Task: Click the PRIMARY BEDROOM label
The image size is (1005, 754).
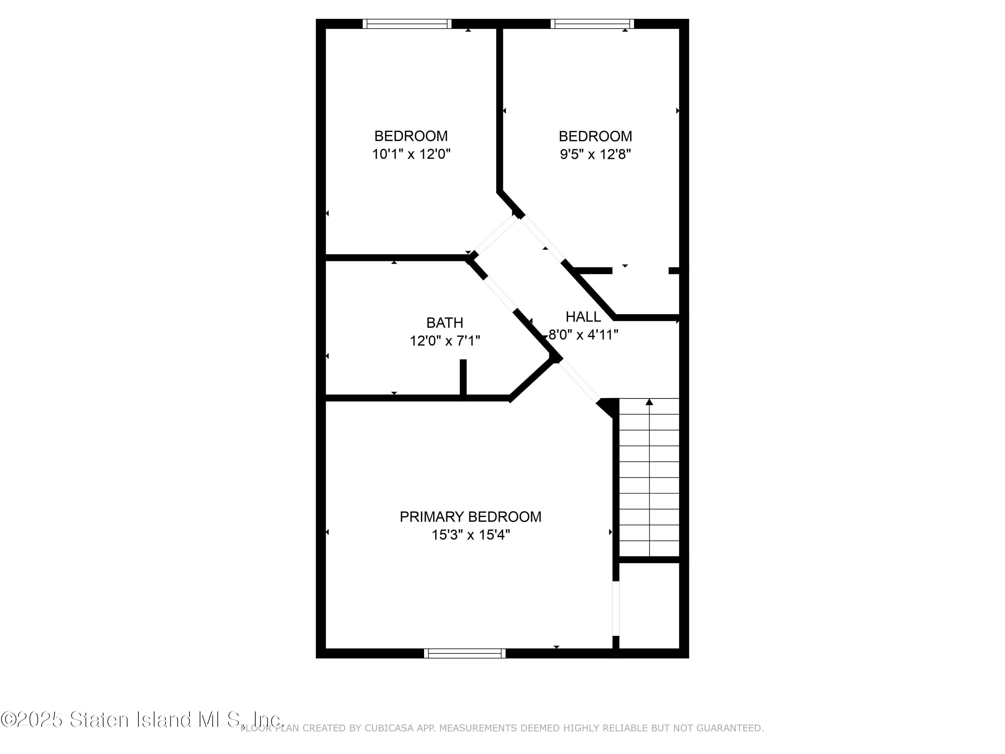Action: coord(470,517)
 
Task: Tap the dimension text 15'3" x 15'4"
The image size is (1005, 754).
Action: coord(470,535)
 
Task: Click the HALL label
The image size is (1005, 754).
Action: coord(583,317)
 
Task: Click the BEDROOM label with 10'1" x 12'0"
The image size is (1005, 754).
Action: coord(411,136)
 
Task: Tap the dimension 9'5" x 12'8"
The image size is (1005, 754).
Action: coord(595,154)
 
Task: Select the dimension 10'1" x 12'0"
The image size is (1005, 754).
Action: coord(411,154)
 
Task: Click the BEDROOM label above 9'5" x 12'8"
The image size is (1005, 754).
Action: coord(595,136)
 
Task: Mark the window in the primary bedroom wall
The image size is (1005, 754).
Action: coord(464,653)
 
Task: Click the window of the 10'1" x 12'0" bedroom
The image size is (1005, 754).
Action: coord(407,24)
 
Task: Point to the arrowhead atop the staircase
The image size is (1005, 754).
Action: coord(649,402)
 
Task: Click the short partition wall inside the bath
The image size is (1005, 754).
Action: coord(463,377)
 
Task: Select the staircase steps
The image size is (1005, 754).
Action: coord(649,477)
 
